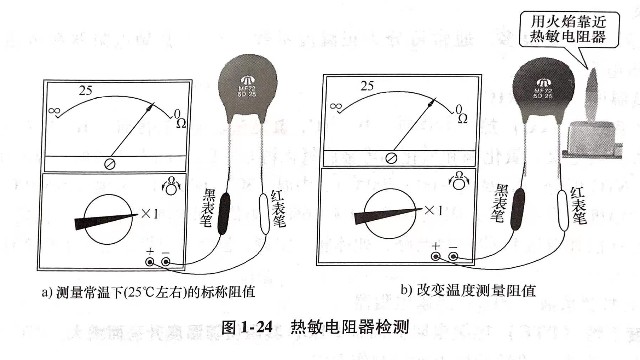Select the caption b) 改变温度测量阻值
click(x=468, y=291)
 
